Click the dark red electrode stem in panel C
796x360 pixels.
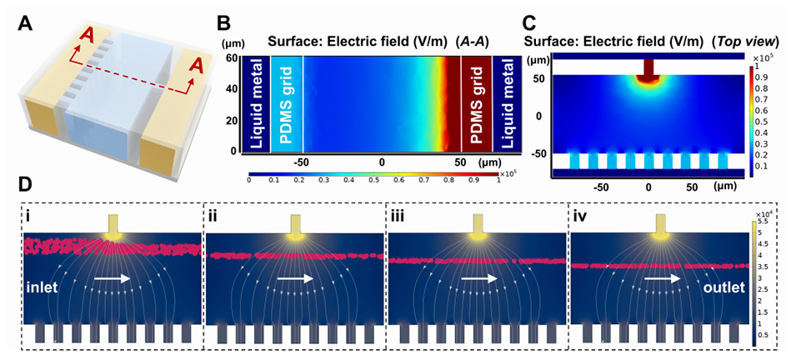click(648, 67)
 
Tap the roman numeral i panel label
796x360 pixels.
click(28, 219)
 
